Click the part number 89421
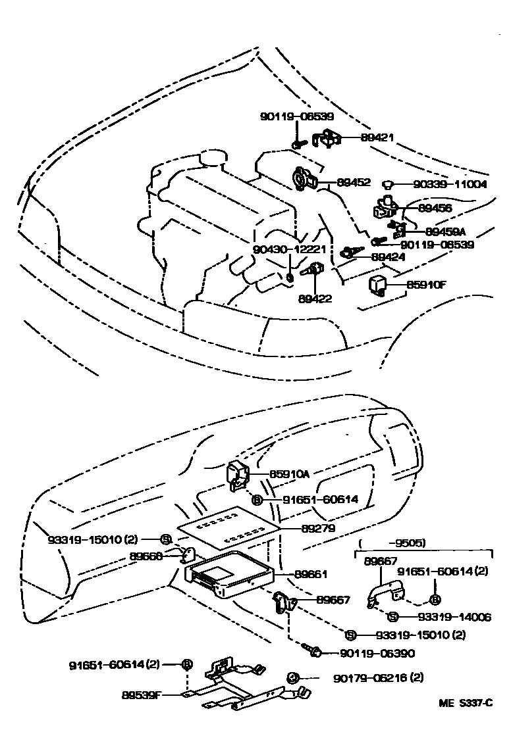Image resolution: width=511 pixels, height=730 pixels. click(377, 138)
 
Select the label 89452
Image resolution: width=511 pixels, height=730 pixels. click(354, 182)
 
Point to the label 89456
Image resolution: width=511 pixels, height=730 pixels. click(435, 208)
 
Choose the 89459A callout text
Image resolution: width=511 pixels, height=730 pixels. click(445, 231)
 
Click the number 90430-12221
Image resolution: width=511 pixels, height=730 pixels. click(289, 249)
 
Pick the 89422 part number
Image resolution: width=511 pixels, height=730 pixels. click(315, 298)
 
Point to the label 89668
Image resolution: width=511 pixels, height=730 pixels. click(146, 556)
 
